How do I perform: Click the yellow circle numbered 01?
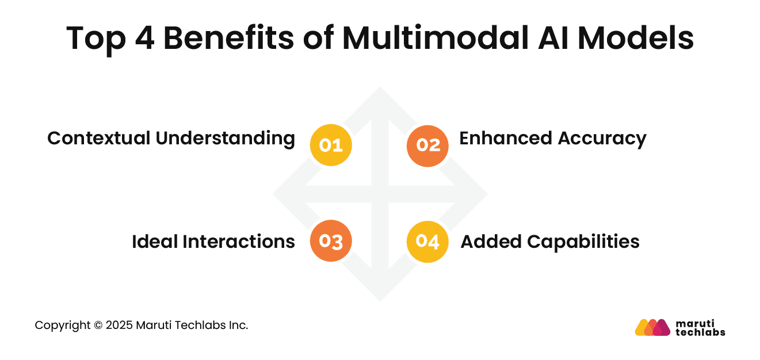point(331,145)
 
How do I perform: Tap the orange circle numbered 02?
point(427,146)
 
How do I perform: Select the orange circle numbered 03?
point(331,240)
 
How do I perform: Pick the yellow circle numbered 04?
point(427,242)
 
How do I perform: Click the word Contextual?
point(99,138)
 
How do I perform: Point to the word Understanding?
point(226,139)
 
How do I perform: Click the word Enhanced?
point(506,138)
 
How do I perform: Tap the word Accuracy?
point(602,139)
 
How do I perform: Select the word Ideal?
point(155,242)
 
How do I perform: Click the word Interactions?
point(239,242)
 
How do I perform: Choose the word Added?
point(491,242)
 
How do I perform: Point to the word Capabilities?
point(583,243)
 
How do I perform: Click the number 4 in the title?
point(145,38)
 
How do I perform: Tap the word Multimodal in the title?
point(436,37)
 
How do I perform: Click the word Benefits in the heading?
point(228,37)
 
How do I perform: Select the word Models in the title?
point(636,37)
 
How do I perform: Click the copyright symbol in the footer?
point(98,325)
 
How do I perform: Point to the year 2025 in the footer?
point(119,325)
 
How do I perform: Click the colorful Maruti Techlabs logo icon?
point(652,327)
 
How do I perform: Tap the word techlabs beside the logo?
point(700,332)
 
